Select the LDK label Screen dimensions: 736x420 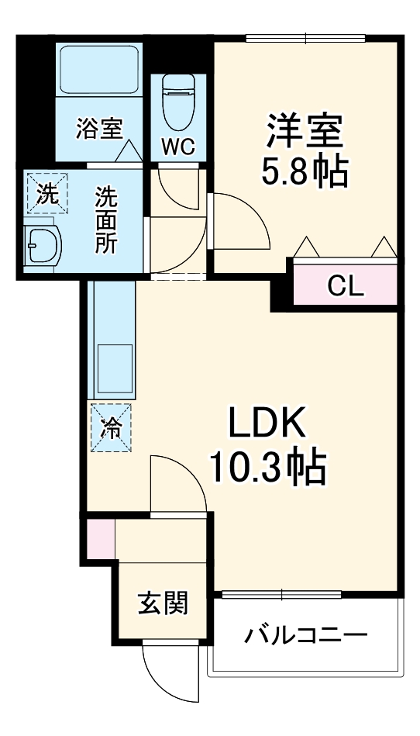267,425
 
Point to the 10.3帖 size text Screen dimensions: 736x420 267,467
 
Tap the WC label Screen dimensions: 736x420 178,147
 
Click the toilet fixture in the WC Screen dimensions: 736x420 178,102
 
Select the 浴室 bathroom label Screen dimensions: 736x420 99,128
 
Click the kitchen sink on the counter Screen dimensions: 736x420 113,369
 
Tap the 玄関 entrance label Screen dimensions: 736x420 163,603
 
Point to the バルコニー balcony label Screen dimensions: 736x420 305,637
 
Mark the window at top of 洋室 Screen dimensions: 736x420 305,37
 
